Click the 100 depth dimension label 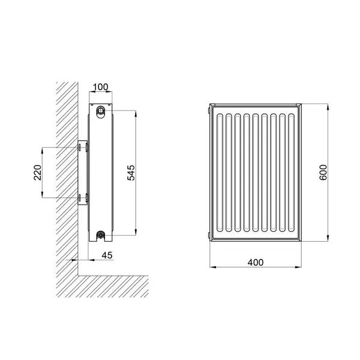pyautogui.click(x=101, y=87)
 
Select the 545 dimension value pyautogui.click(x=131, y=173)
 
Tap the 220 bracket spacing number pyautogui.click(x=38, y=173)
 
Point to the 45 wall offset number pyautogui.click(x=107, y=255)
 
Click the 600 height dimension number pyautogui.click(x=323, y=172)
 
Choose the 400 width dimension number pyautogui.click(x=256, y=262)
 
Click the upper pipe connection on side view pyautogui.click(x=100, y=110)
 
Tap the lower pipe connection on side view pyautogui.click(x=100, y=235)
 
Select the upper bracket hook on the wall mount pyautogui.click(x=87, y=147)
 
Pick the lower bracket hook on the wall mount pyautogui.click(x=87, y=197)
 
